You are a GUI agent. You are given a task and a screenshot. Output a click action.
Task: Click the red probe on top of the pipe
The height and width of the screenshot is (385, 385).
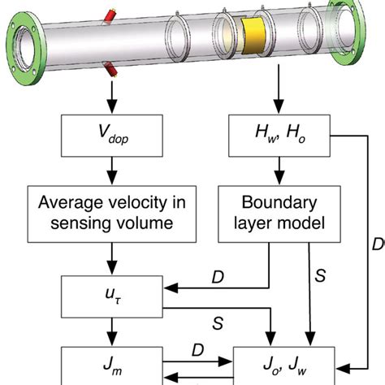[x=106, y=18]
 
